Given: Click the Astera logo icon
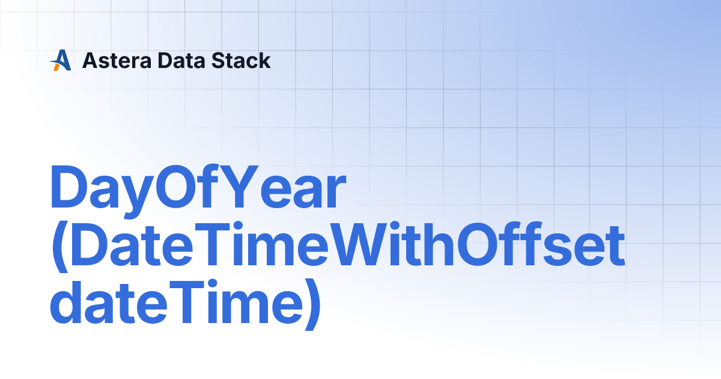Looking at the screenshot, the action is coord(61,60).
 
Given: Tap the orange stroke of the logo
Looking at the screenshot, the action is coord(56,67).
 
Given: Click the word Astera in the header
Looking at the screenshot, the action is coord(117,61).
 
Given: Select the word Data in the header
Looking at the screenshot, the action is coord(181,61).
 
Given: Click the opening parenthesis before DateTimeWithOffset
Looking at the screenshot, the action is coord(59,247).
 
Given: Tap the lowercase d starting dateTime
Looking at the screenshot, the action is coord(67,301).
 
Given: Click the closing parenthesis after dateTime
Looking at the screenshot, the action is coord(312,304).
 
